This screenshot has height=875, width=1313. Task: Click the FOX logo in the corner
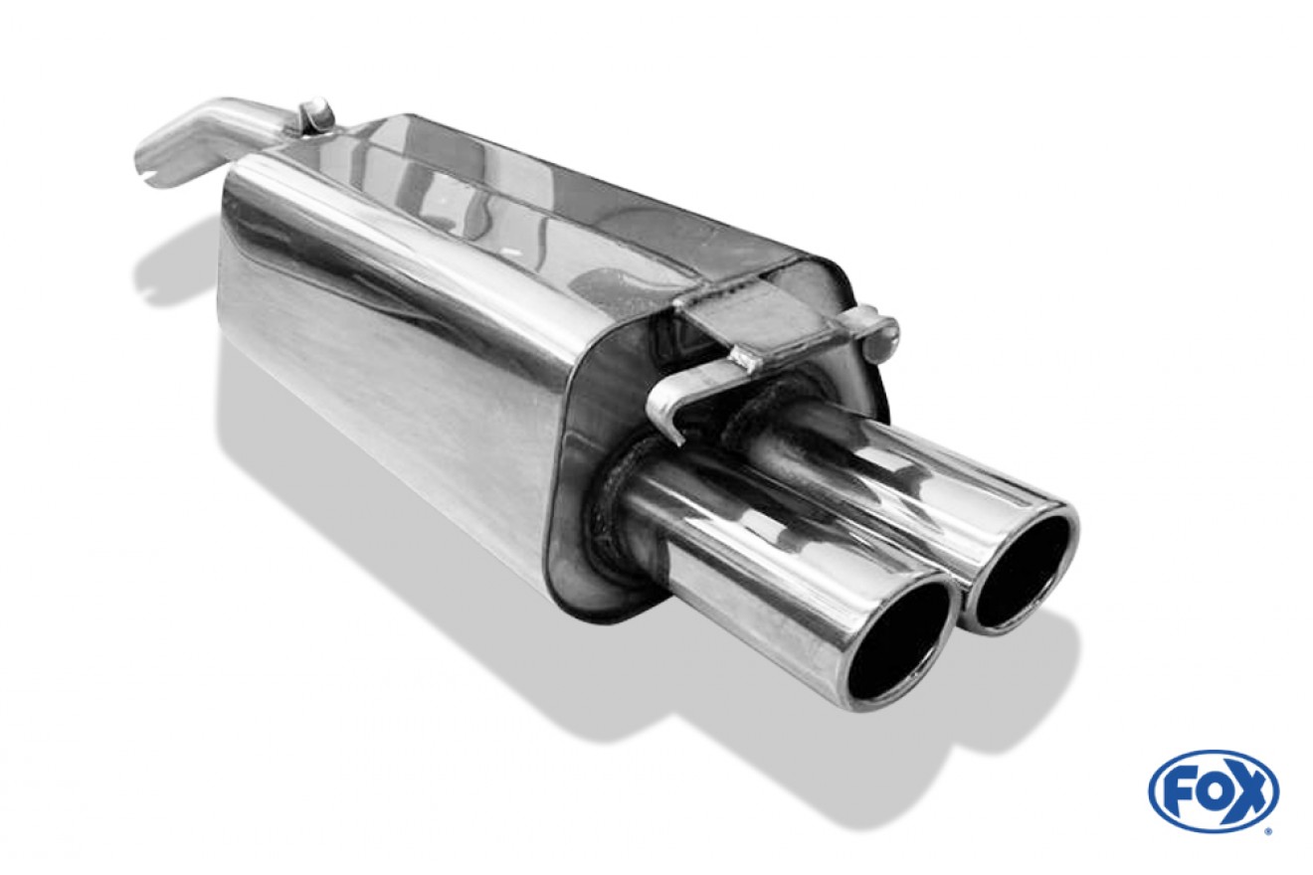point(1214,792)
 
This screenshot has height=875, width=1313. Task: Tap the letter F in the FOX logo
point(1175,791)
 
